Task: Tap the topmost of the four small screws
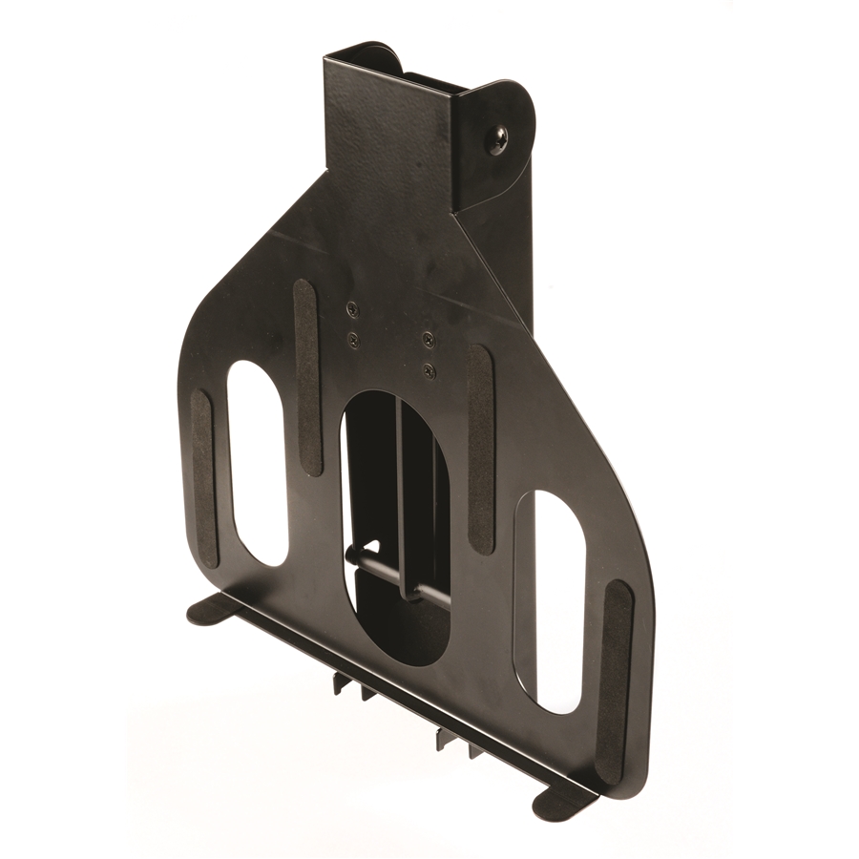pos(352,308)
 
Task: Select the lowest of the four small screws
pos(429,370)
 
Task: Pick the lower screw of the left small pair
pos(353,339)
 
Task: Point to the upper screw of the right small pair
pos(429,339)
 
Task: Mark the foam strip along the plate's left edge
pos(203,477)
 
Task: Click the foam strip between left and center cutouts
pos(306,377)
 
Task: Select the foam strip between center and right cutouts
pos(480,449)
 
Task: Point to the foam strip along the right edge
pos(614,668)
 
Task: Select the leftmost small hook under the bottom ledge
pos(342,683)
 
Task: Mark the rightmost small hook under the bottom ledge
pos(474,749)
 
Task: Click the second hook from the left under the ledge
pos(367,691)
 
